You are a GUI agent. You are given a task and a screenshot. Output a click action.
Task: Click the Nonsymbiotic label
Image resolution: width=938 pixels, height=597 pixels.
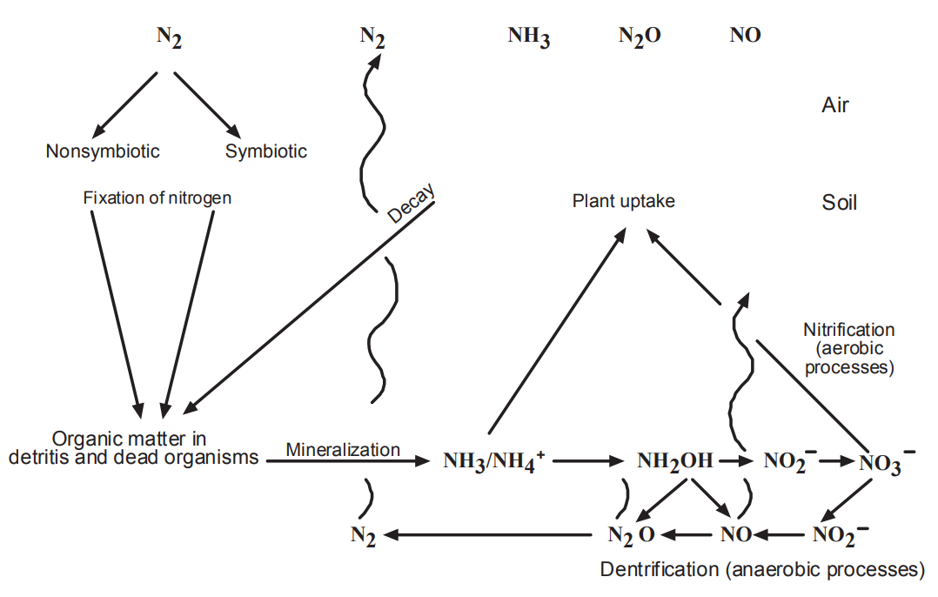pos(103,151)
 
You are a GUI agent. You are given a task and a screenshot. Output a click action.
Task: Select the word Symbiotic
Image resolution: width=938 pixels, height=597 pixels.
pos(266,151)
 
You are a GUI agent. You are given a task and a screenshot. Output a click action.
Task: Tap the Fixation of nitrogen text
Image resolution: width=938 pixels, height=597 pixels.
pos(157,198)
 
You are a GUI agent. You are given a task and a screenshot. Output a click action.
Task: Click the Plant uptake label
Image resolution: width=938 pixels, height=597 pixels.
pos(623,202)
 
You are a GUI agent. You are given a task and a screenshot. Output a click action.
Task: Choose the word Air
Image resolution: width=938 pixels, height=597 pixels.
pos(835,106)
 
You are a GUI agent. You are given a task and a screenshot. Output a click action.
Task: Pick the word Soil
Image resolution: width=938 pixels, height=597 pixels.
pos(840,203)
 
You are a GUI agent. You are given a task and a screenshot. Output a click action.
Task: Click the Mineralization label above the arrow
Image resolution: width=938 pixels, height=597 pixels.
pos(343,450)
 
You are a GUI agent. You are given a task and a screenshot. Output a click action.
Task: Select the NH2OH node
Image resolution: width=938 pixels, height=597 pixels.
pos(674,461)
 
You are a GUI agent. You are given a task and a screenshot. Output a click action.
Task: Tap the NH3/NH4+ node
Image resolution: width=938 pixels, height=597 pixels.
pos(493,461)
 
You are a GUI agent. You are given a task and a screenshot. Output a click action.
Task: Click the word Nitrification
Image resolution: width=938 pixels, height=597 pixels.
pos(848,331)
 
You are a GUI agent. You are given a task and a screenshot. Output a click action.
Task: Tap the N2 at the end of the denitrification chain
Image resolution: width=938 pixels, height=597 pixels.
pos(363,535)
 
